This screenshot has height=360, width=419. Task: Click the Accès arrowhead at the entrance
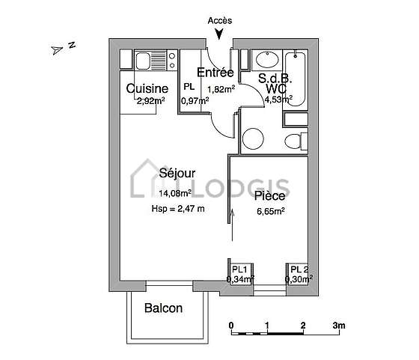point(219,34)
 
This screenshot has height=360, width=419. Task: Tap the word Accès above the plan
point(220,20)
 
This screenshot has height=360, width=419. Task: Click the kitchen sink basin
point(142,61)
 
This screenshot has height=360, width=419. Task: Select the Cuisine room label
point(147,89)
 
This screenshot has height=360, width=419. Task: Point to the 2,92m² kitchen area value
point(150,101)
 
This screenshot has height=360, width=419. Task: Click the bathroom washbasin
point(267,60)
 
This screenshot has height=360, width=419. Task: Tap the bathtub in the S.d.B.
point(296,79)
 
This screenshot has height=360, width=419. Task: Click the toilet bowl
point(293,141)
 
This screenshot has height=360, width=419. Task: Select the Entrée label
point(215,73)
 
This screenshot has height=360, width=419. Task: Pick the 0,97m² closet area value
point(195,101)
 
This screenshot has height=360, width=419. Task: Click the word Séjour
point(177,173)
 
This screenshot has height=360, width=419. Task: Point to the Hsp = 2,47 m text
point(178,209)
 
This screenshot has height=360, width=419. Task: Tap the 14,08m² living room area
point(175,193)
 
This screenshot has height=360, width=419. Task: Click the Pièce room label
point(269,196)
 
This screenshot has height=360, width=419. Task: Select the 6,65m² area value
point(270,211)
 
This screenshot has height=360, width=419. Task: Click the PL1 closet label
point(239,269)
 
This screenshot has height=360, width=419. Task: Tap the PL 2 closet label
point(299,269)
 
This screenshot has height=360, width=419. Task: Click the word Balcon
point(164,308)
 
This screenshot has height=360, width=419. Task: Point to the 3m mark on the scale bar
point(339,326)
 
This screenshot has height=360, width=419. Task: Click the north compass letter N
point(72,45)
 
